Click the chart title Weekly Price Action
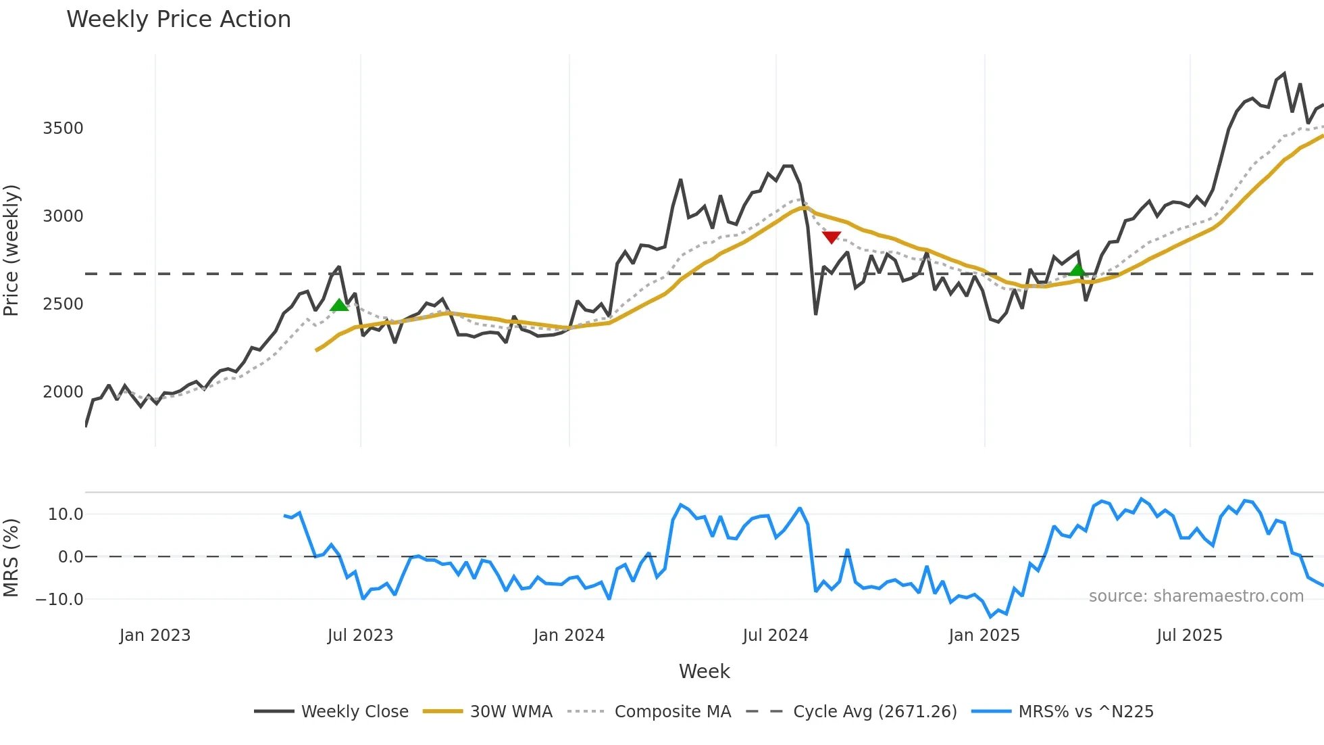[178, 20]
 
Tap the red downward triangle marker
[832, 237]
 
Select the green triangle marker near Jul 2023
[339, 305]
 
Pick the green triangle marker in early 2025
[1077, 270]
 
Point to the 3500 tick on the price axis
[63, 128]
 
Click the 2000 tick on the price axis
[63, 392]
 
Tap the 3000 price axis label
[63, 216]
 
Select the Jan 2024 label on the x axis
[569, 635]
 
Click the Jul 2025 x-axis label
[1190, 635]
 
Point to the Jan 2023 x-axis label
[155, 635]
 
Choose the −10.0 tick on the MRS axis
[59, 600]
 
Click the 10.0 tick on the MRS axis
[65, 514]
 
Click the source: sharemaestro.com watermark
[1196, 596]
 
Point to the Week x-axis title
[704, 671]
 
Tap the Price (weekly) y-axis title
[11, 250]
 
